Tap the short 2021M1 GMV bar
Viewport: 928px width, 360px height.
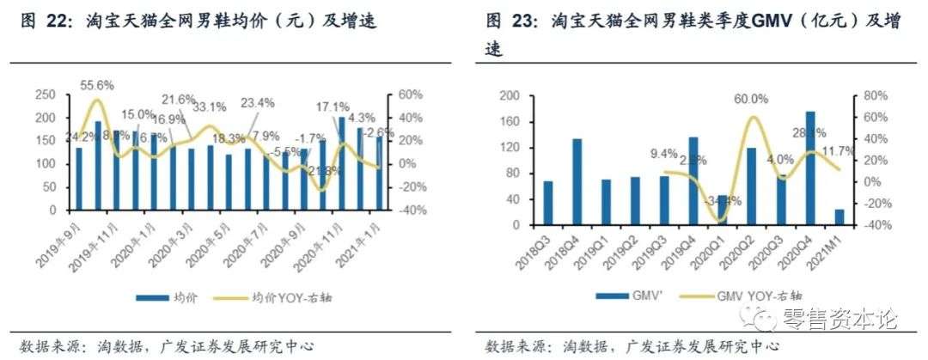click(839, 217)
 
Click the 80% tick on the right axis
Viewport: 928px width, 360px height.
click(871, 95)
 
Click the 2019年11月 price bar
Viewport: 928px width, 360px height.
click(98, 165)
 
